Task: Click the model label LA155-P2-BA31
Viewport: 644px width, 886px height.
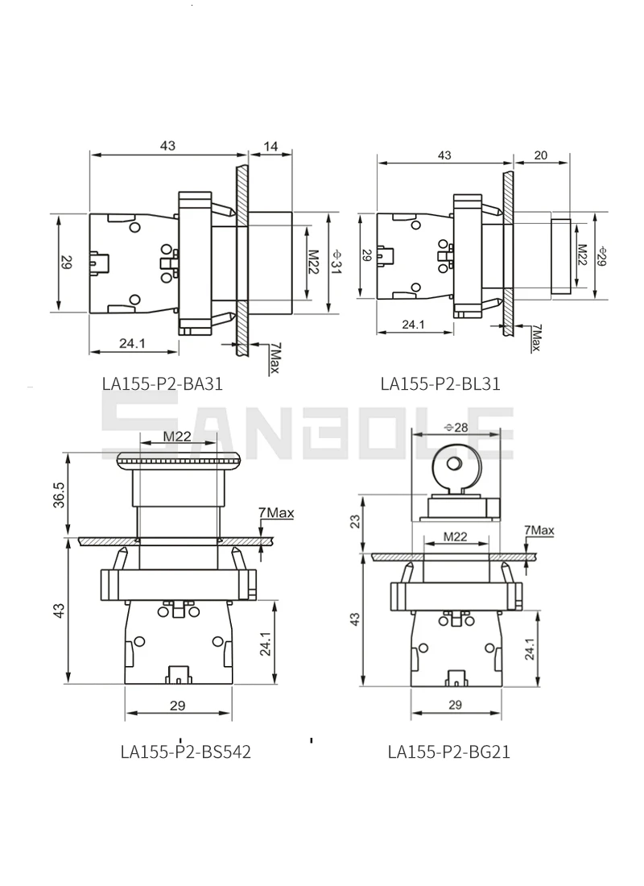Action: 162,383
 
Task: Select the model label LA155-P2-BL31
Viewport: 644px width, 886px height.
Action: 440,383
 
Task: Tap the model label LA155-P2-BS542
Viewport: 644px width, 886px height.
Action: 186,751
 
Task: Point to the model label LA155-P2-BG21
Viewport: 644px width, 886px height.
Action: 448,751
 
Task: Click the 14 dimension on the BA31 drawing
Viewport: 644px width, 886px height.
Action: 270,146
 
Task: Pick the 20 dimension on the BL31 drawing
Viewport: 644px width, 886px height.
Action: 540,155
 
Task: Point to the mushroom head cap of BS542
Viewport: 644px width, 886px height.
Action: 178,461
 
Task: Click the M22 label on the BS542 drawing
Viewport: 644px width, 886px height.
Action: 177,436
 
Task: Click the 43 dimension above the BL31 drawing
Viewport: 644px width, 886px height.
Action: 444,155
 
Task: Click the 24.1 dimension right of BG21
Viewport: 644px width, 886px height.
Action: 528,649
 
